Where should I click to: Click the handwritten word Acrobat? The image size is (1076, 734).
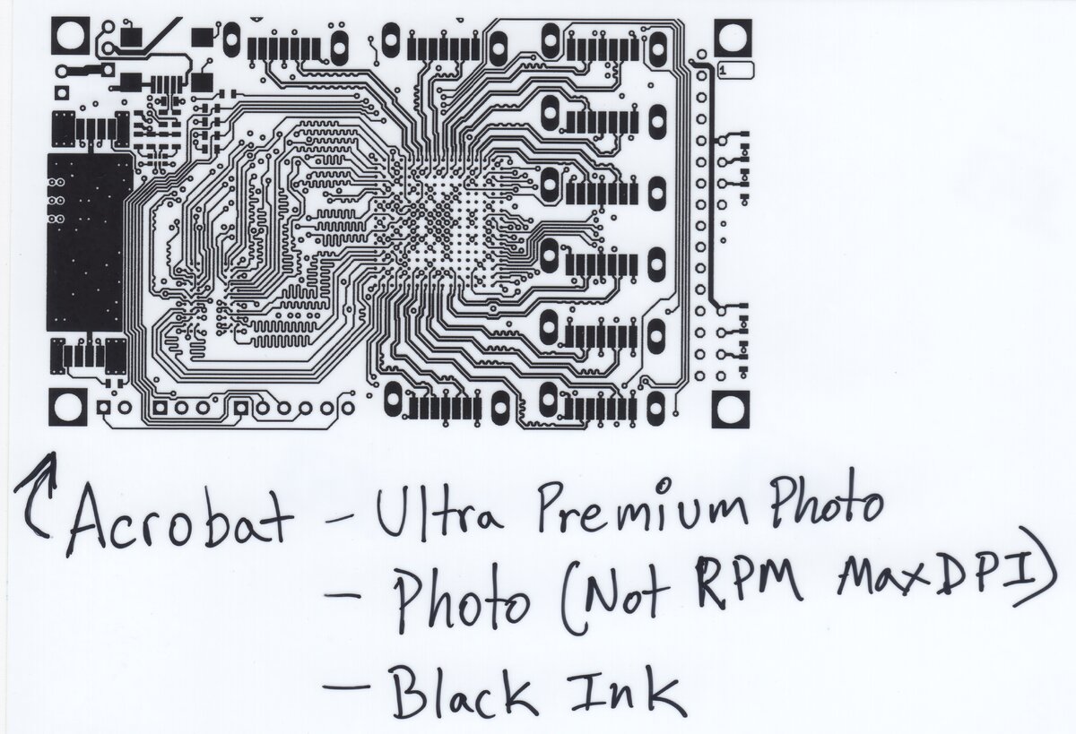tap(179, 520)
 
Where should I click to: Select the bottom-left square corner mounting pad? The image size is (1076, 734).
tap(68, 409)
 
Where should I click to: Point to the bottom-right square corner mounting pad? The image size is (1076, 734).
tap(732, 409)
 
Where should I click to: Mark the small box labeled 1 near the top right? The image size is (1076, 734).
tap(734, 69)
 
